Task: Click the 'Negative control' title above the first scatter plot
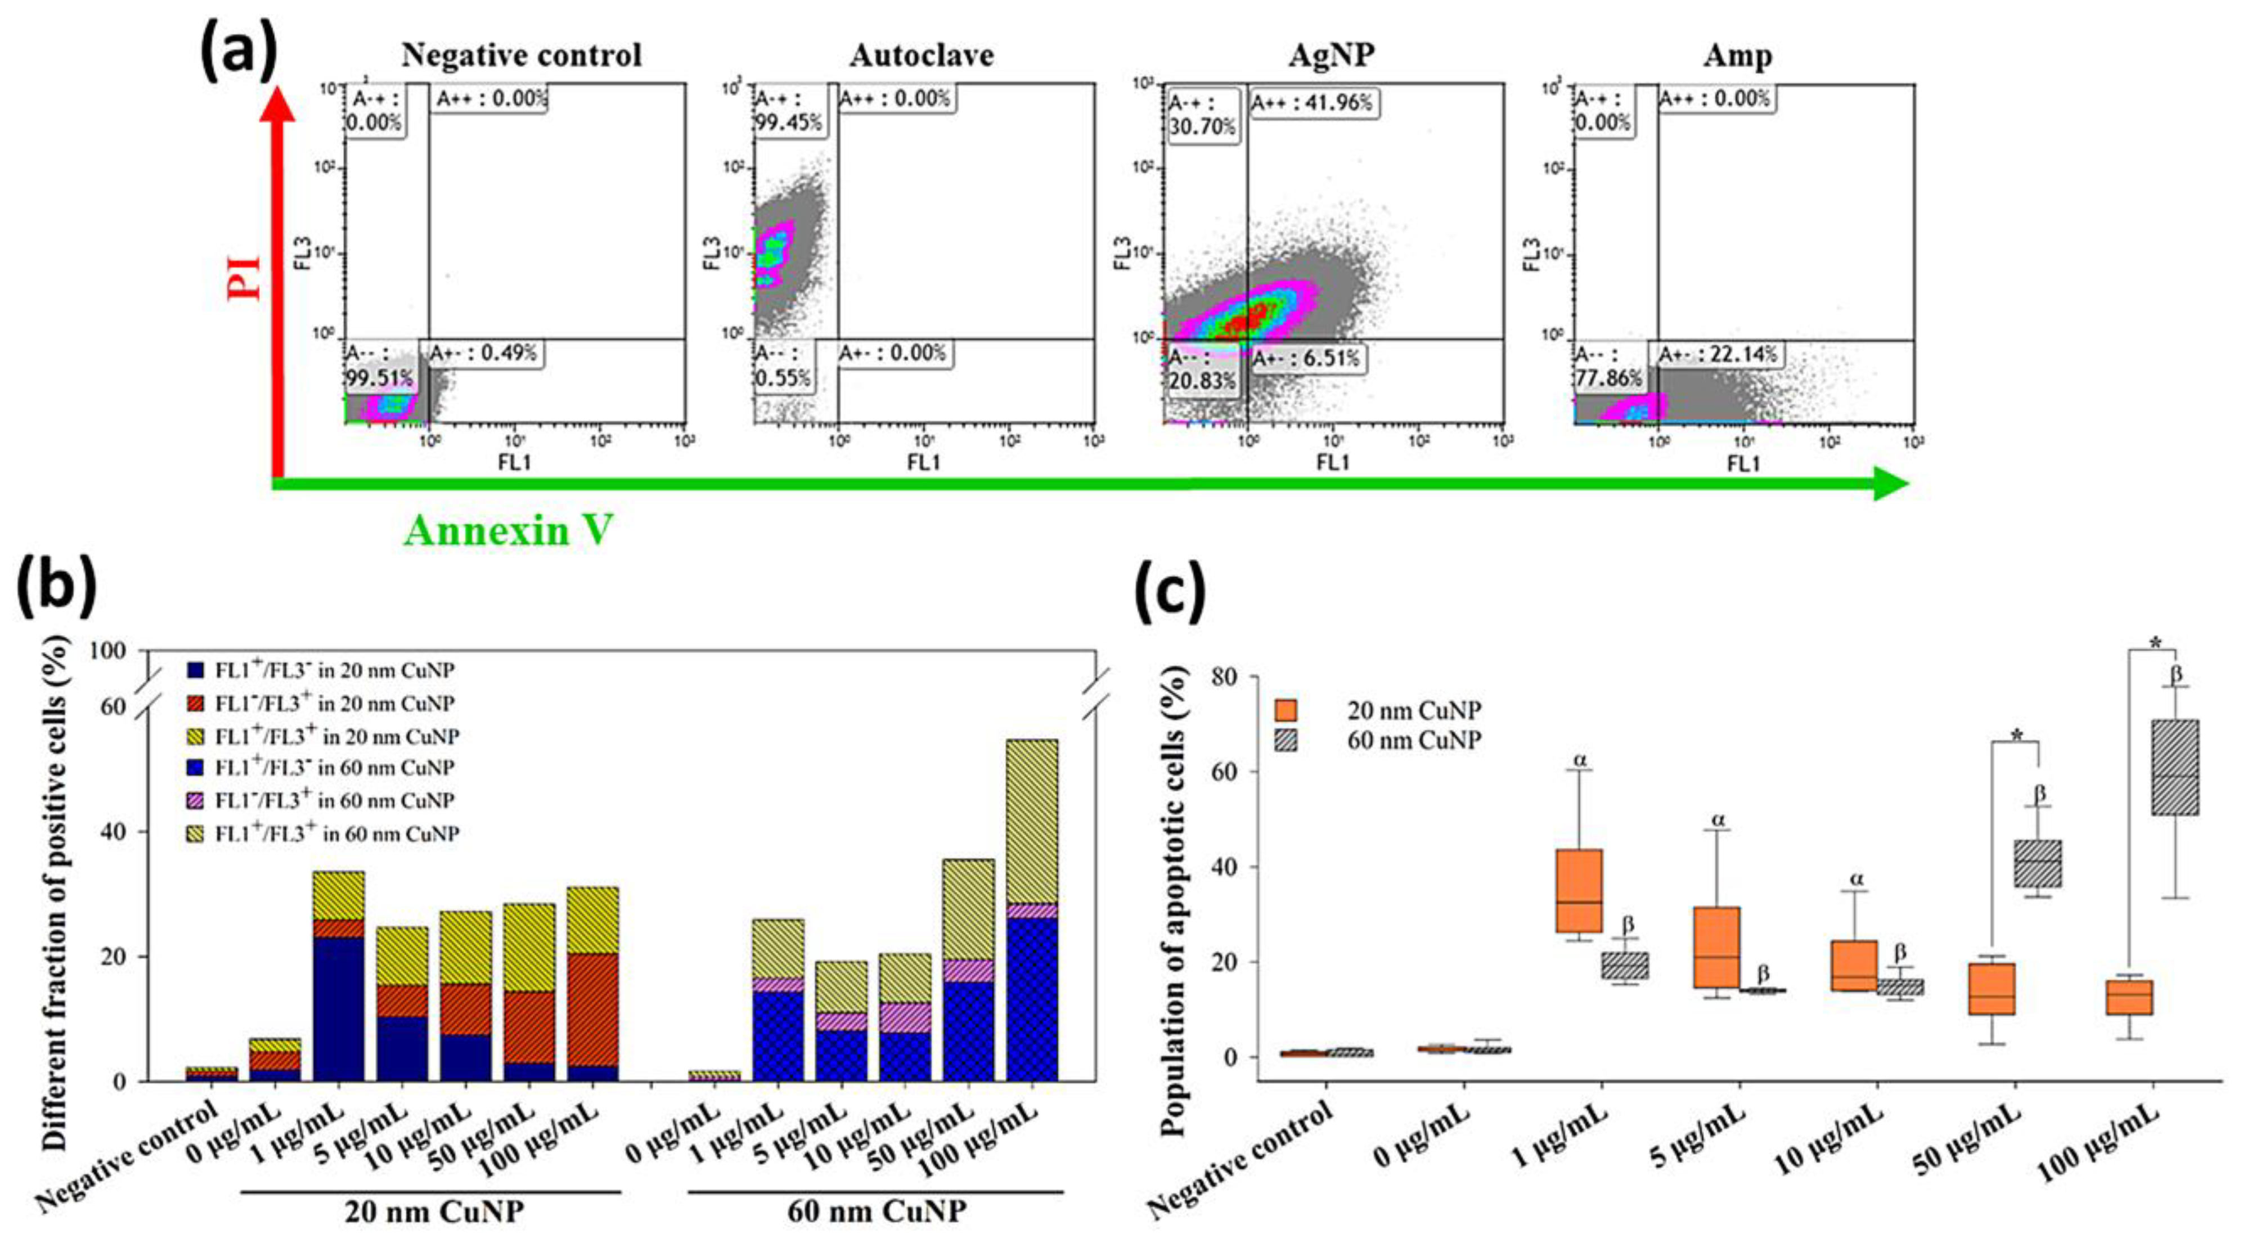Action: [521, 56]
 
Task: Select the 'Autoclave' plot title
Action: [922, 56]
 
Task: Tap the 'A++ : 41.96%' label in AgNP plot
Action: [1311, 103]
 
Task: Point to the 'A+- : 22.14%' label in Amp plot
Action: [1716, 354]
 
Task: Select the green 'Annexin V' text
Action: [509, 529]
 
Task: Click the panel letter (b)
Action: [54, 588]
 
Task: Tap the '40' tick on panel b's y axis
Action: [113, 832]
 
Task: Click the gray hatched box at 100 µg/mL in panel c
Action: [2174, 767]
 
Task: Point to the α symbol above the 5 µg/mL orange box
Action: [1718, 819]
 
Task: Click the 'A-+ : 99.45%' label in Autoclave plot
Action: [789, 111]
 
